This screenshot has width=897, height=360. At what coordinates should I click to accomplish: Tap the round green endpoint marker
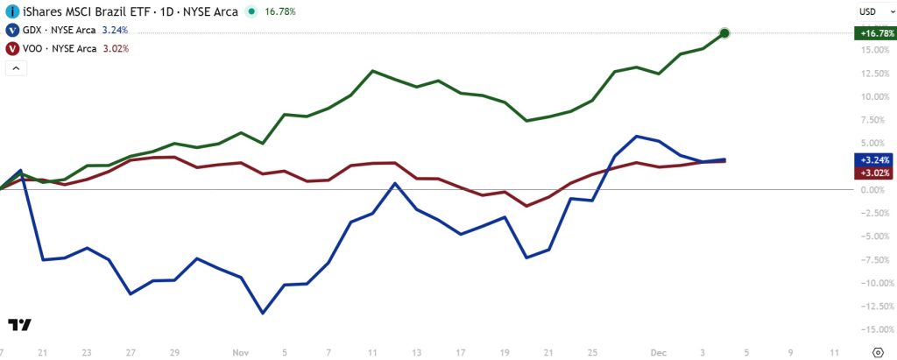(724, 33)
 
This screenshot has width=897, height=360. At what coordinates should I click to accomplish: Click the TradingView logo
(20, 324)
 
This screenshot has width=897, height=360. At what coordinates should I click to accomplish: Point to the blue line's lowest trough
(262, 313)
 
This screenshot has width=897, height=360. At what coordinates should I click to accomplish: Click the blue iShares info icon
(12, 11)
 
